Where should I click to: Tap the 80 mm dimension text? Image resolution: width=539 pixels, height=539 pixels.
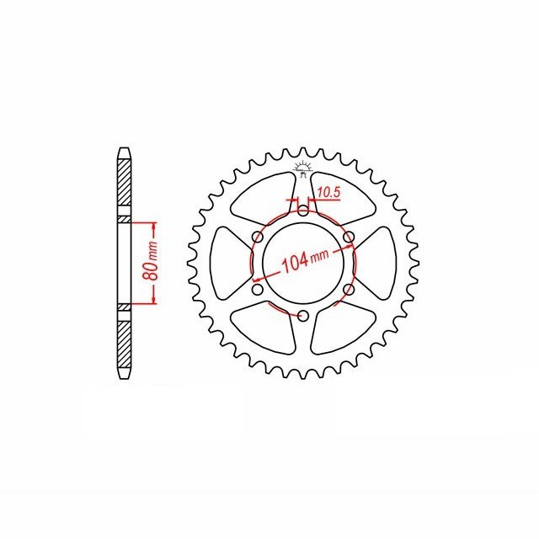149,263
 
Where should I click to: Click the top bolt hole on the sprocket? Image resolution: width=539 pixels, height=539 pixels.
303,211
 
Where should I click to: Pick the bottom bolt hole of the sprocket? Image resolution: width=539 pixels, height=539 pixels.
303,317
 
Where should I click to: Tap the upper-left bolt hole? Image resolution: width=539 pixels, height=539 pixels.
258,237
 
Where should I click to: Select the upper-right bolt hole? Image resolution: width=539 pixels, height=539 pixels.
349,237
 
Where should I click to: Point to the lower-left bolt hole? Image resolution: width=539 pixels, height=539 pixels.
258,291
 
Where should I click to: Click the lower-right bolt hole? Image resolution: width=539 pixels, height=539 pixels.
349,291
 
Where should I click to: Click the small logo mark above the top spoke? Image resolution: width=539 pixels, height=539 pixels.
303,168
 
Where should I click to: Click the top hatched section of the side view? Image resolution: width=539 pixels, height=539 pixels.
124,185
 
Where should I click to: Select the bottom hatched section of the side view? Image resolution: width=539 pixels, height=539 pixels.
124,341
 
